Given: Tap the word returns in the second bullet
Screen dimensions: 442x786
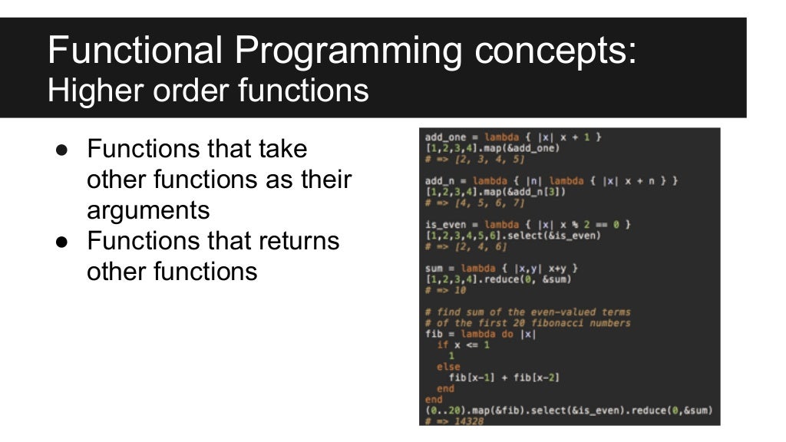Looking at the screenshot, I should (295, 241).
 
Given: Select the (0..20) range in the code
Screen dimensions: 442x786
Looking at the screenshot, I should (444, 411).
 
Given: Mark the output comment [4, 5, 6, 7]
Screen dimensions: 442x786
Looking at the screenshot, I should (481, 203).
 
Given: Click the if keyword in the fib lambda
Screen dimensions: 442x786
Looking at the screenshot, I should (442, 345).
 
